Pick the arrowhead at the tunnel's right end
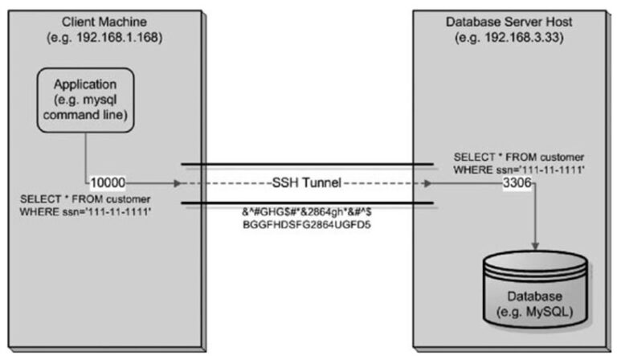click(430, 183)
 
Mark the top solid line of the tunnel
click(309, 166)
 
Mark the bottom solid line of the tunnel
click(309, 202)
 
